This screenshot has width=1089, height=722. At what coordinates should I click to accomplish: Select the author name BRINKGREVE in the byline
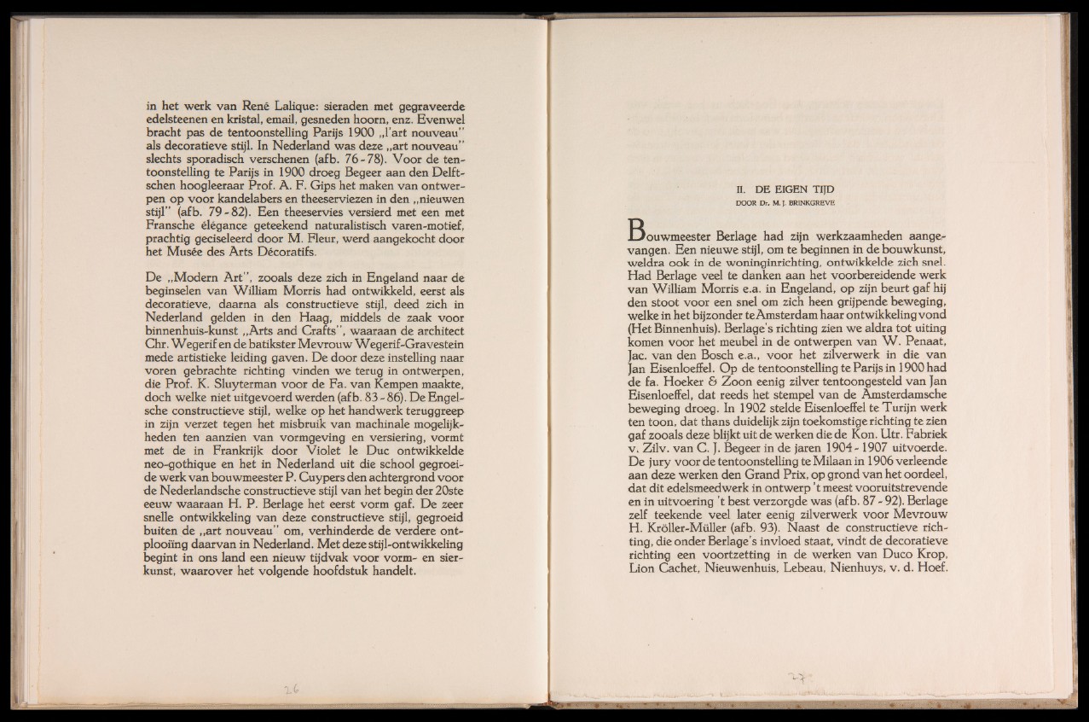coord(815,202)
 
